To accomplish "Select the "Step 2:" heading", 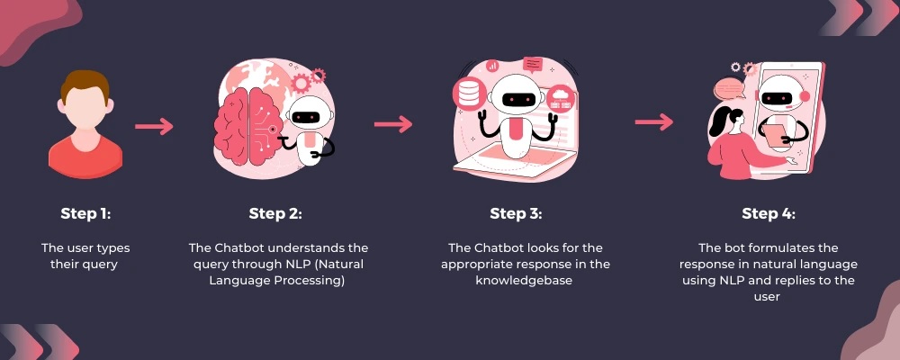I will click(x=275, y=213).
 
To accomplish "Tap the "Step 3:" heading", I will click(x=516, y=213).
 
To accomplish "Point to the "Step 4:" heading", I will click(x=769, y=213).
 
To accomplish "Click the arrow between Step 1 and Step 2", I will click(x=154, y=126).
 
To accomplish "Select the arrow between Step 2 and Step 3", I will click(x=393, y=124).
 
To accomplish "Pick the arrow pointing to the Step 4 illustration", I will click(x=654, y=121).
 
